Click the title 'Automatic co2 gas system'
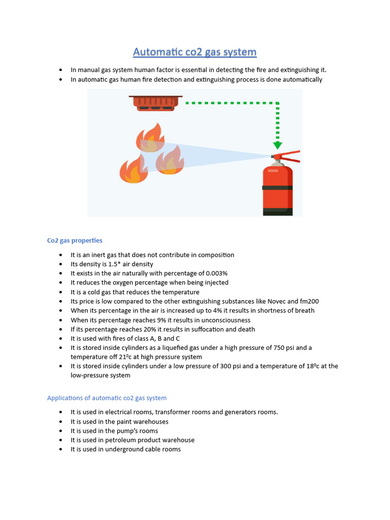tap(194, 52)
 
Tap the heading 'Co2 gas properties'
tap(75, 240)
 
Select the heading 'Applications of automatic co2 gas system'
tap(107, 398)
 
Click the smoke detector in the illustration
tap(155, 103)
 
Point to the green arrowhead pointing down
tap(277, 145)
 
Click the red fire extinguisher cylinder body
tap(277, 190)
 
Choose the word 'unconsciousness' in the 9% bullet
tap(225, 320)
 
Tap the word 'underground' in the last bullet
tap(123, 449)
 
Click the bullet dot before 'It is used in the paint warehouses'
tap(61, 421)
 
